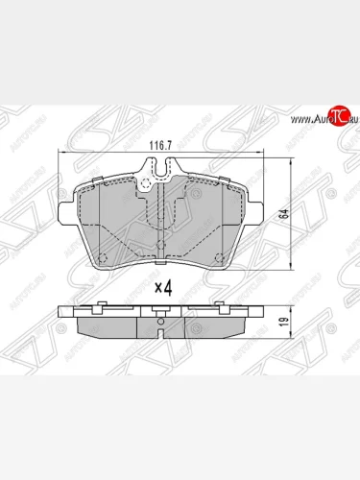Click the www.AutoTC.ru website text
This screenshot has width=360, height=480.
[x=307, y=120]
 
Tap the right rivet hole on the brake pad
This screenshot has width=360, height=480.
[x=222, y=254]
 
